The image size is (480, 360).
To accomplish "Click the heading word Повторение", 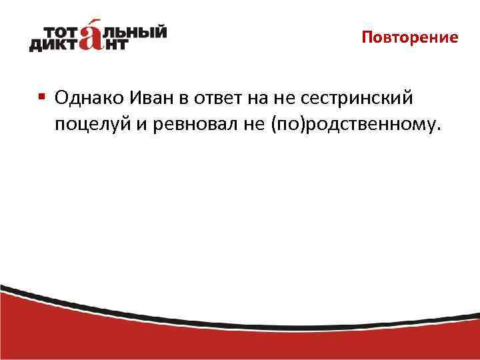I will (x=410, y=37).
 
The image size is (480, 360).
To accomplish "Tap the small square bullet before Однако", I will (x=41, y=97).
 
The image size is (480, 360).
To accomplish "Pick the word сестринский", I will (x=361, y=99).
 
